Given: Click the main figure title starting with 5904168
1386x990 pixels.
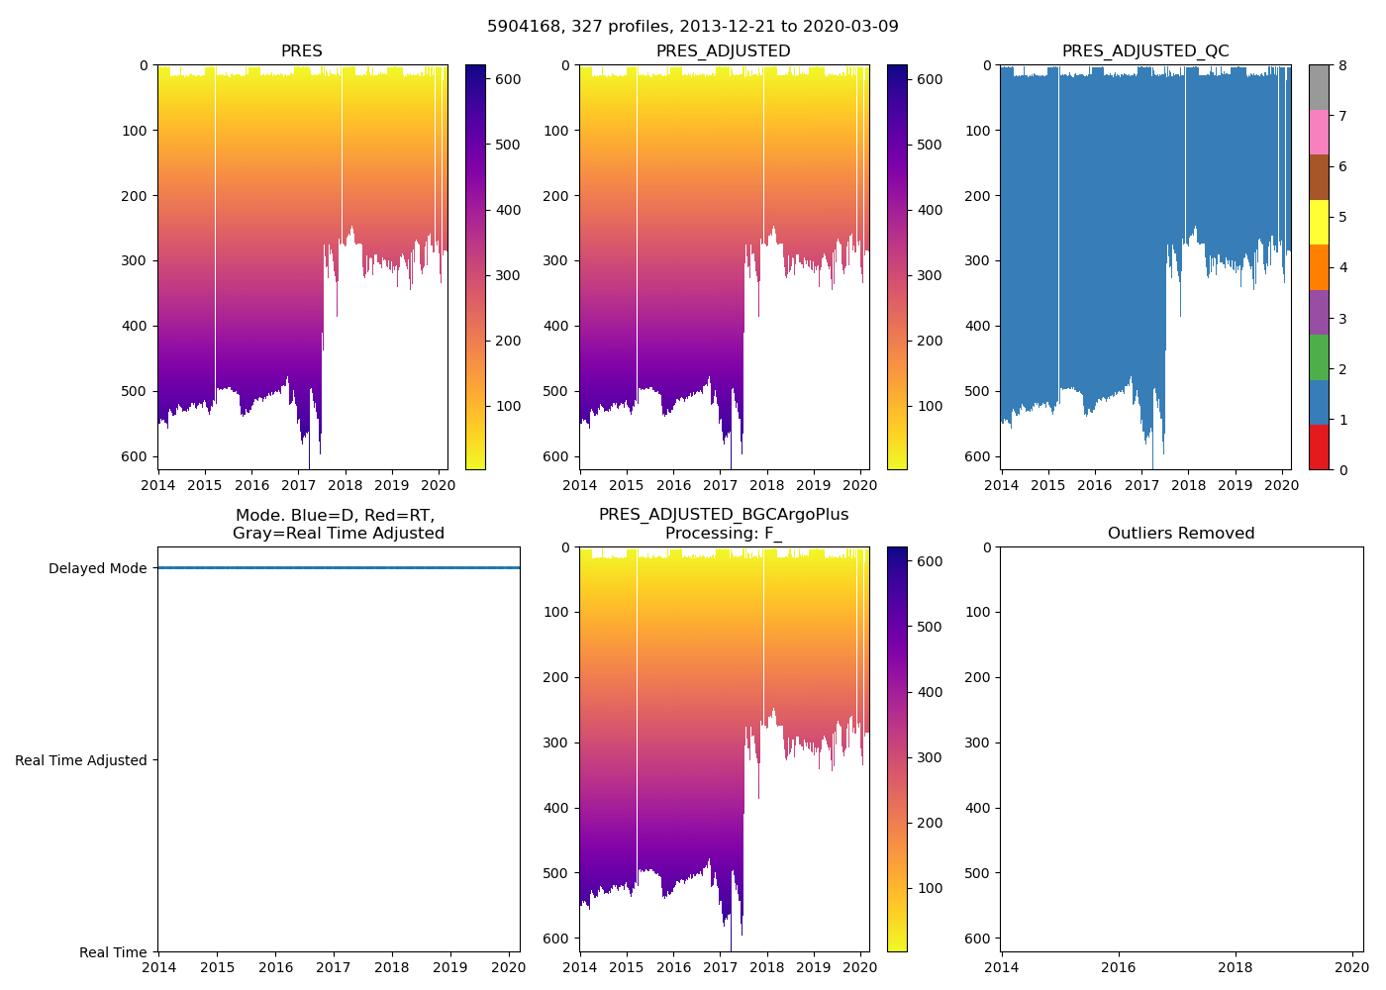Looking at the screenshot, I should tap(693, 27).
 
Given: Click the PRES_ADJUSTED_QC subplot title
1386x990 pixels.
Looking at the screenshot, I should tap(1145, 51).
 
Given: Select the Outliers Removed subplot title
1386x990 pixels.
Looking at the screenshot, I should tap(1181, 534).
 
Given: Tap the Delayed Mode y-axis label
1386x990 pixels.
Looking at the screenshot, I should tap(97, 568).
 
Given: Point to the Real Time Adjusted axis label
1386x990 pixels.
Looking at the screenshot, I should tap(81, 760).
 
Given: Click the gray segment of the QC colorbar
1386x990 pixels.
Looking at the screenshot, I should tap(1319, 87).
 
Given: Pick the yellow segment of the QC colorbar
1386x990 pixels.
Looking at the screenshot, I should tap(1319, 222).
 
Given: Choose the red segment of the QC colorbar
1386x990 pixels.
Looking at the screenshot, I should tap(1319, 447).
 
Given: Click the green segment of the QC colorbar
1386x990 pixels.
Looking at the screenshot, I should tap(1319, 357).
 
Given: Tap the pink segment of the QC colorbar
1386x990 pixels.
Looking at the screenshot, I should tap(1319, 132).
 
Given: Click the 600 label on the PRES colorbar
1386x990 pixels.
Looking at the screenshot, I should tap(508, 79).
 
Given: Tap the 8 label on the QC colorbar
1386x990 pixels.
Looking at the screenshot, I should tap(1341, 65).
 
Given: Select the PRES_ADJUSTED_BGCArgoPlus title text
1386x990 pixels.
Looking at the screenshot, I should tap(724, 515).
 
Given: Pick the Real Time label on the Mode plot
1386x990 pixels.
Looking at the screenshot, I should tap(113, 952).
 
